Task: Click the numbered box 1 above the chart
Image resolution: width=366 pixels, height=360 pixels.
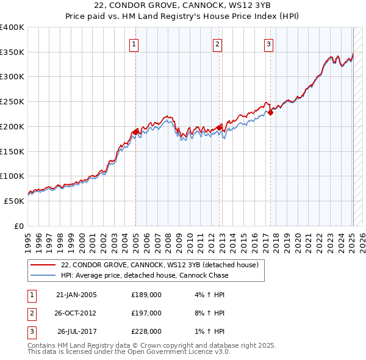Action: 133,43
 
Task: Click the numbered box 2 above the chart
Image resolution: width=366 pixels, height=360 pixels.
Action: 217,43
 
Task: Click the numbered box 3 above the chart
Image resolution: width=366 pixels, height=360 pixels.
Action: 268,43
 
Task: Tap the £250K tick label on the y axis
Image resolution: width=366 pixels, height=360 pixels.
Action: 12,102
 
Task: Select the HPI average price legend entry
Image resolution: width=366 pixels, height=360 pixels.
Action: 145,275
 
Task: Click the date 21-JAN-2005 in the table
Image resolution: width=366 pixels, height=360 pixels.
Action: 76,295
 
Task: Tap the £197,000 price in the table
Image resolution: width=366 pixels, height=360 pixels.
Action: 146,313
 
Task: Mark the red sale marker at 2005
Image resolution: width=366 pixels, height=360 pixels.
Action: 135,131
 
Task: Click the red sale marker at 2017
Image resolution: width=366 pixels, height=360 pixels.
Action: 270,112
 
